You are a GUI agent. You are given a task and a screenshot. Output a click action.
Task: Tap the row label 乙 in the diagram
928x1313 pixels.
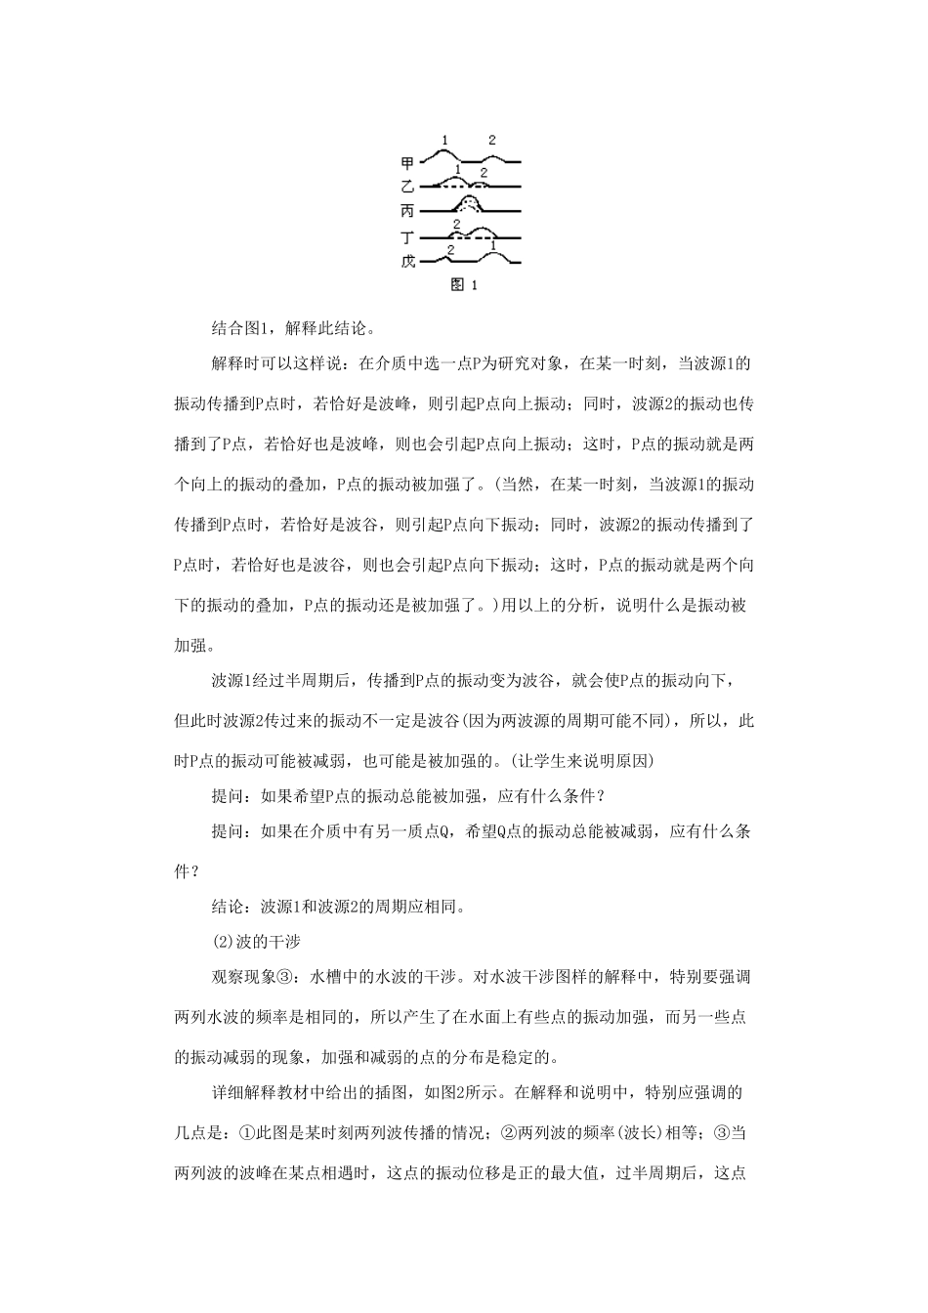click(x=407, y=187)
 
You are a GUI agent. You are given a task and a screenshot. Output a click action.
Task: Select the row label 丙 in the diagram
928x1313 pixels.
click(x=407, y=211)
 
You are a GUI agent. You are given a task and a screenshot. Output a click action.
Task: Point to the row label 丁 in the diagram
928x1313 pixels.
click(x=407, y=236)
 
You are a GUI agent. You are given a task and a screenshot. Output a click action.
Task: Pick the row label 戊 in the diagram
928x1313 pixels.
click(x=407, y=261)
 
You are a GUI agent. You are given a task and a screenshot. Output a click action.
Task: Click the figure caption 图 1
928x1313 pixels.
click(x=463, y=285)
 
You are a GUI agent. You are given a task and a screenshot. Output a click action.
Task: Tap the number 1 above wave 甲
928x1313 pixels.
click(x=445, y=140)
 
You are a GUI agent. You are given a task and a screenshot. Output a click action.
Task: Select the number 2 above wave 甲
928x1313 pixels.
click(x=491, y=140)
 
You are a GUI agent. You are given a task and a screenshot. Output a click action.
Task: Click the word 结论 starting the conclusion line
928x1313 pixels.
click(x=228, y=906)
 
